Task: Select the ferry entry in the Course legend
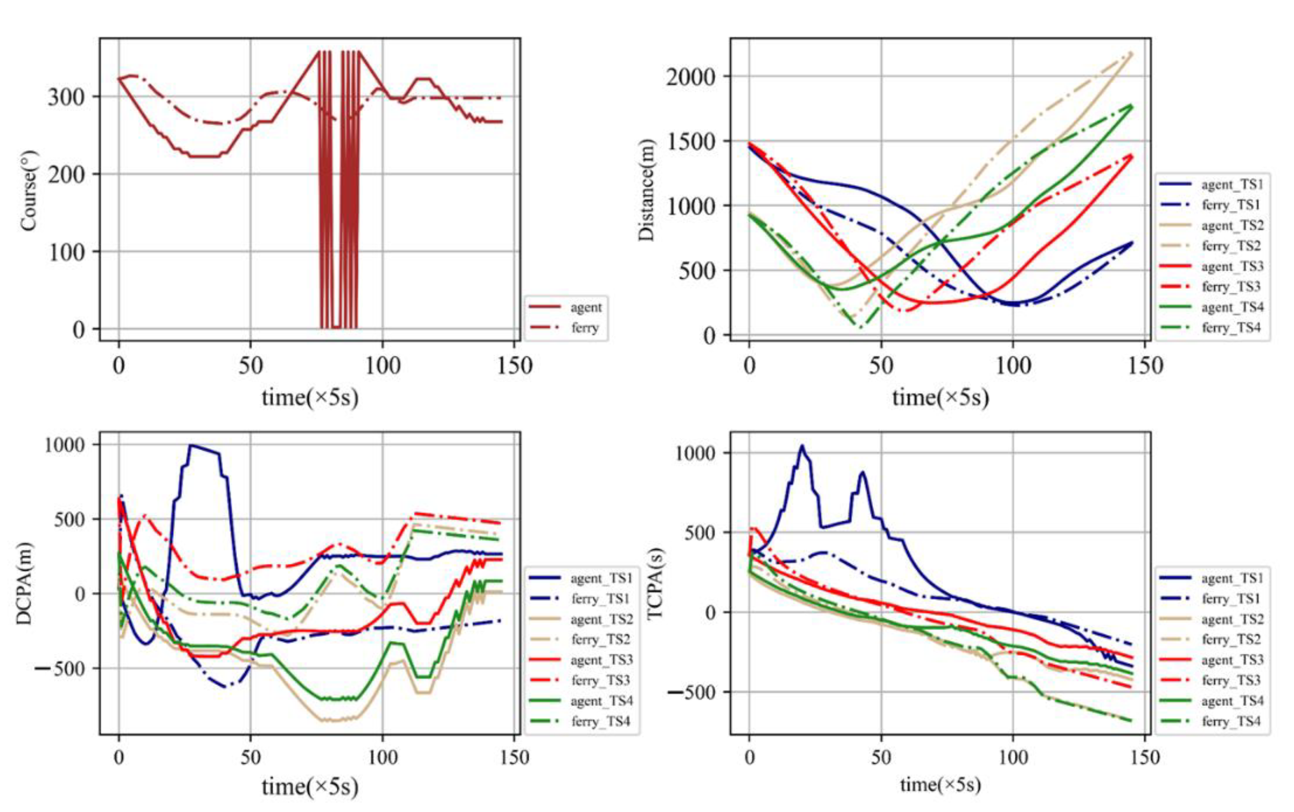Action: coord(584,327)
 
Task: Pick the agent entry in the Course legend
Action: coord(586,307)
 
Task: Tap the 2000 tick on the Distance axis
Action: coord(691,77)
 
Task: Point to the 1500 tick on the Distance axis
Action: coord(691,141)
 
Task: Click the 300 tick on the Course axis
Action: coord(66,97)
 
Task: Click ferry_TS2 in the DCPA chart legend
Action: coord(601,639)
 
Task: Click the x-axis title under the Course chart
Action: coord(310,398)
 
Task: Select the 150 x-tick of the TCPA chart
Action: coord(1144,757)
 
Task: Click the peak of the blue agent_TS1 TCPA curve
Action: coord(802,446)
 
